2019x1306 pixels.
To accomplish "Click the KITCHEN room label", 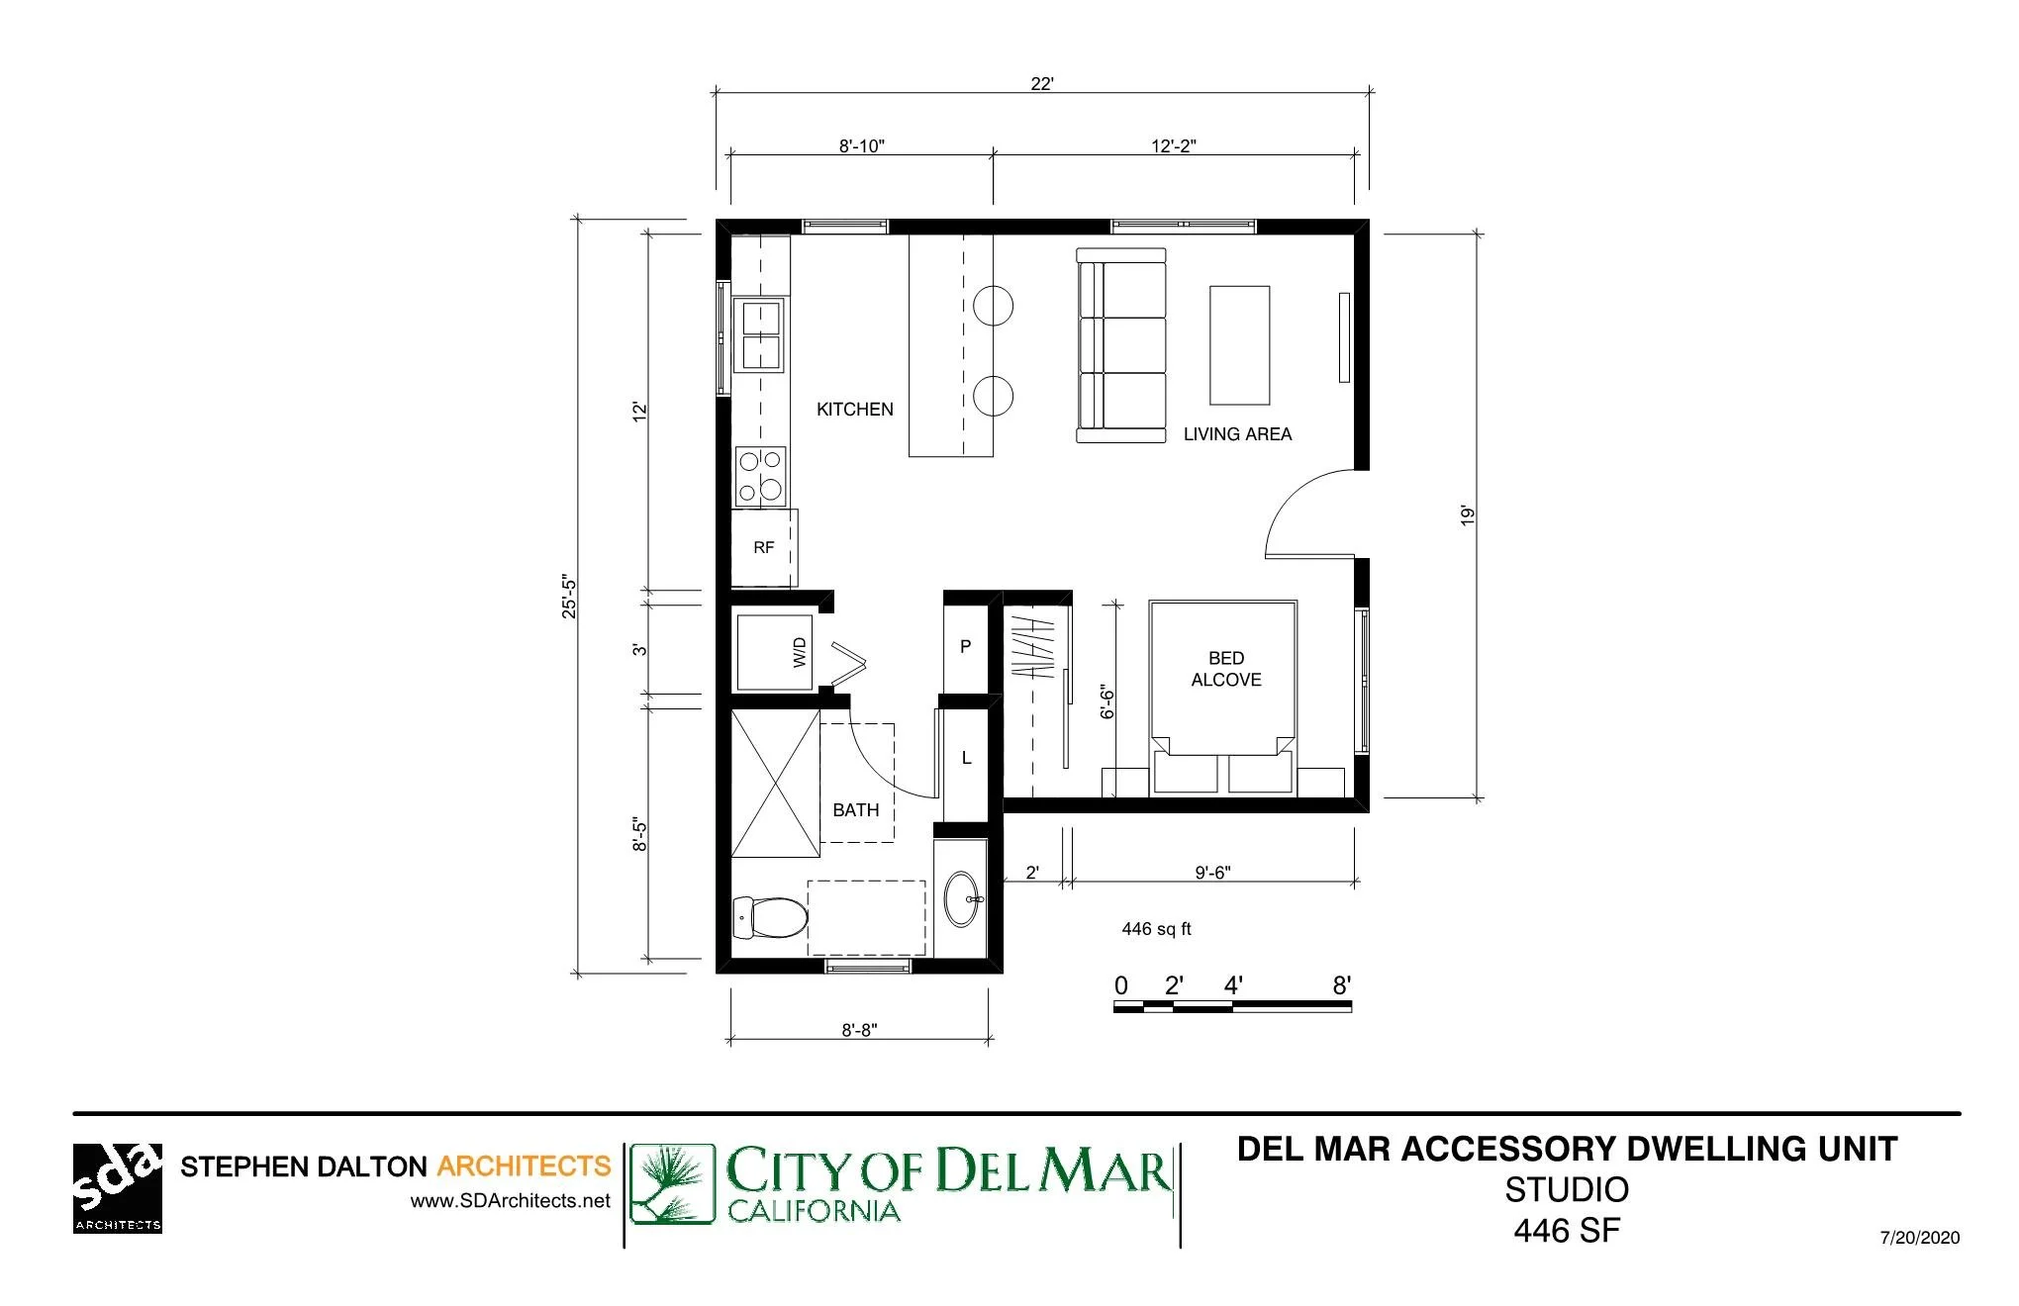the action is (854, 409).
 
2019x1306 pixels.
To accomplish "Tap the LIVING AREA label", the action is (1237, 433).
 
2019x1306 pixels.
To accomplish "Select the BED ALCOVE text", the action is (1226, 669).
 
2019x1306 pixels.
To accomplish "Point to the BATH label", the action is (855, 809).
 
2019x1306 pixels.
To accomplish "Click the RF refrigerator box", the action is (764, 547).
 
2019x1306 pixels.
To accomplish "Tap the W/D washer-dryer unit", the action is (774, 652).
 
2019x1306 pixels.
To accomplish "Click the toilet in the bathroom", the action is (769, 918).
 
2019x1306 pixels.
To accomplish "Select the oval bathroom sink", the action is (961, 899).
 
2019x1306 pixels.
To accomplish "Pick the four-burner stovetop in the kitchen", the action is (761, 476).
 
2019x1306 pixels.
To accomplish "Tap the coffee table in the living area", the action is (1239, 345).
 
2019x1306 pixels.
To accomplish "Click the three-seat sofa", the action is (1121, 345).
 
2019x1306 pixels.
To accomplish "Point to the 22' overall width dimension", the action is (1041, 84).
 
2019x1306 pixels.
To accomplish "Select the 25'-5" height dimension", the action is (569, 596).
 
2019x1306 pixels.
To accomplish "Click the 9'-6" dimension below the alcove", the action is (1212, 873).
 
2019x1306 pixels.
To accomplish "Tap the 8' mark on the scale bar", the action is (1341, 985).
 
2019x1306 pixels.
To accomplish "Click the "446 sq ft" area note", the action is (1156, 929).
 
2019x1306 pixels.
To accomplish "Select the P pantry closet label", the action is (966, 646).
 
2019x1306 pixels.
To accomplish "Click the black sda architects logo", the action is (117, 1188).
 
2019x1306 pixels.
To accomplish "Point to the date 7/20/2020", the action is (1919, 1238).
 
